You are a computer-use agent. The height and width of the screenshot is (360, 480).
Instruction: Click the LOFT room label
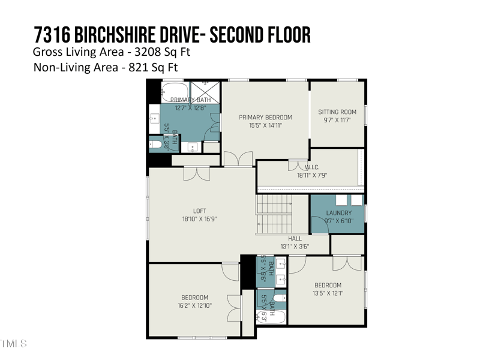pyautogui.click(x=200, y=211)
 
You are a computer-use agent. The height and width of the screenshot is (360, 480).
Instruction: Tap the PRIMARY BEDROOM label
pyautogui.click(x=265, y=117)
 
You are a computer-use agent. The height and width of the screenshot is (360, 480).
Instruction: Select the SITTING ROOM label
pyautogui.click(x=337, y=112)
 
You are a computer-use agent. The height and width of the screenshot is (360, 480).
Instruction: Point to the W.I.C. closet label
pyautogui.click(x=311, y=167)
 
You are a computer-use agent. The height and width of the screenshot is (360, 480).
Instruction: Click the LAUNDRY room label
pyautogui.click(x=338, y=213)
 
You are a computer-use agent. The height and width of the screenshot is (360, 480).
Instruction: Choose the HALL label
pyautogui.click(x=295, y=238)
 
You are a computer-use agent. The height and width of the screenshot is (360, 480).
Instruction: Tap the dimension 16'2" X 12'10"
pyautogui.click(x=195, y=306)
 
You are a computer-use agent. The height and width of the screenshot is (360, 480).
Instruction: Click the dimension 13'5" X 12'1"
pyautogui.click(x=328, y=293)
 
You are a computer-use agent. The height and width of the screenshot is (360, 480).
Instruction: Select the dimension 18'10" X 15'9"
pyautogui.click(x=200, y=219)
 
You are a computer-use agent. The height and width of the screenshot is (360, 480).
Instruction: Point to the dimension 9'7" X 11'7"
pyautogui.click(x=337, y=120)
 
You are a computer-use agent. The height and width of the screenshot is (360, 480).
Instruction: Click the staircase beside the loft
pyautogui.click(x=275, y=214)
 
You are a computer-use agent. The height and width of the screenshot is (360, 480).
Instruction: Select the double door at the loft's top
pyautogui.click(x=196, y=173)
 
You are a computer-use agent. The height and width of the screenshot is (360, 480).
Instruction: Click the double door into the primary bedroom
pyautogui.click(x=238, y=159)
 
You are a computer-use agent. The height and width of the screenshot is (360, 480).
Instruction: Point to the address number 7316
pyautogui.click(x=53, y=35)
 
